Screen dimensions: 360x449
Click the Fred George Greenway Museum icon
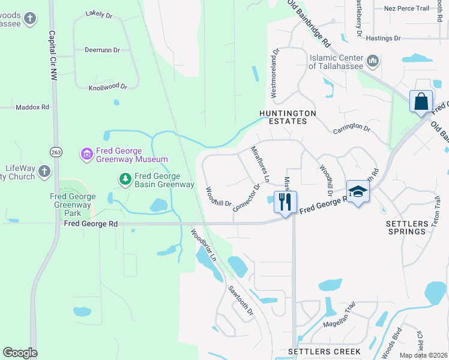[x=87, y=154]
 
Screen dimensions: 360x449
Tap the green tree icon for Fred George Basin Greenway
[x=125, y=179]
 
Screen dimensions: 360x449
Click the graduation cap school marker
[x=358, y=192]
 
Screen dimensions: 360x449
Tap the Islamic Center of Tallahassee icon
[x=373, y=61]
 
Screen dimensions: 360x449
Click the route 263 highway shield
[x=56, y=151]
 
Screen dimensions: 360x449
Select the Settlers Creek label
[x=324, y=351]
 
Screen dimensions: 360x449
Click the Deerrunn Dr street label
[x=102, y=50]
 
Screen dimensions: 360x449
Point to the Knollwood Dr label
[x=108, y=87]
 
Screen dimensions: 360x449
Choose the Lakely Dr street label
[x=99, y=13]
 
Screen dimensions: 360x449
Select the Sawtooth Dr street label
[x=241, y=300]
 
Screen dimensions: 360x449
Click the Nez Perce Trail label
[x=406, y=8]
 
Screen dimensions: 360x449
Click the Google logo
[x=20, y=352]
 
